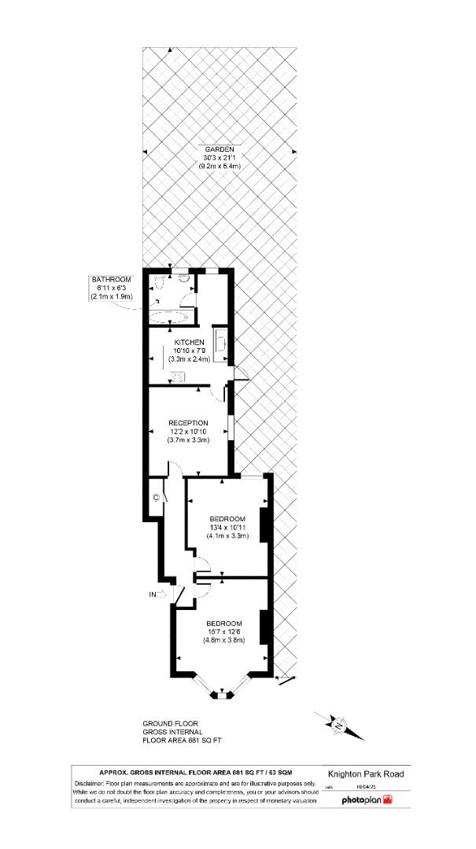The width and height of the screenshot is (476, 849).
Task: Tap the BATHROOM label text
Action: point(111,280)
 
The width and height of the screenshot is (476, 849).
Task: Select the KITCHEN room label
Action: point(190,343)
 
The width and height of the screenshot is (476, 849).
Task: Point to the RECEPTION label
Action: point(188,423)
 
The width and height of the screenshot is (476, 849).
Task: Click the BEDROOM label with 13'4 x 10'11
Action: point(228,519)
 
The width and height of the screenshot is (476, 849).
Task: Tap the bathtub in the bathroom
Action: point(168,317)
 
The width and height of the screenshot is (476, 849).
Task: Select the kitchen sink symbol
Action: point(179,376)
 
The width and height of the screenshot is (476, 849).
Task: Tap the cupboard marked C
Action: point(156,498)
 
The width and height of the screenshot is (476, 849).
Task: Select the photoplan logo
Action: point(366,800)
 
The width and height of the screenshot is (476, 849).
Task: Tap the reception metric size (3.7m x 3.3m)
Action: point(188,440)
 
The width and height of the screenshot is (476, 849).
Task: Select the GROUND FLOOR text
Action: point(170,723)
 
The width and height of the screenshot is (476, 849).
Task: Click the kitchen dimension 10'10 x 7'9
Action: point(190,351)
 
